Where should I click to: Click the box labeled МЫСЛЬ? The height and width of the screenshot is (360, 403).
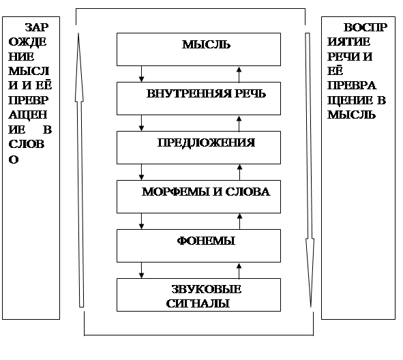tap(198, 49)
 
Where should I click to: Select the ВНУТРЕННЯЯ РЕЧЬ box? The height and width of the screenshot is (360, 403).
tap(198, 98)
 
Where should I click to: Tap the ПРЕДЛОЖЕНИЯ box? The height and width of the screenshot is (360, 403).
tap(198, 147)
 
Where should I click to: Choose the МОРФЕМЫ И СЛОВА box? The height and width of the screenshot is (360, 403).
tap(198, 196)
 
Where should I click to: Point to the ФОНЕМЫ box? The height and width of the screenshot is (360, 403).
tap(198, 245)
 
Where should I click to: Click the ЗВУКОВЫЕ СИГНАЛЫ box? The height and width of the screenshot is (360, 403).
tap(198, 295)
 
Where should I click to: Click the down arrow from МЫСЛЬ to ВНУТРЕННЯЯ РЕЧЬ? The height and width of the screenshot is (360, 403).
tap(141, 74)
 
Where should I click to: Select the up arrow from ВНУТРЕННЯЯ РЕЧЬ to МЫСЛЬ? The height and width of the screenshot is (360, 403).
tap(239, 74)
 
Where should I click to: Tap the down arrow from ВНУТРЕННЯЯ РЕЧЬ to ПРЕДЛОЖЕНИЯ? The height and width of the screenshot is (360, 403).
tap(141, 123)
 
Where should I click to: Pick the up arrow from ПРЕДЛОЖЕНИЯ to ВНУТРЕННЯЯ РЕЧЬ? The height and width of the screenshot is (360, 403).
tap(239, 123)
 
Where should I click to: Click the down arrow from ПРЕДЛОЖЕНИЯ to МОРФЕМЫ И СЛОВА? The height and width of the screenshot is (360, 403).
tap(141, 172)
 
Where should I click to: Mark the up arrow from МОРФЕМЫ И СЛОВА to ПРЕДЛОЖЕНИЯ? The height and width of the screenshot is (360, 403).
tap(239, 172)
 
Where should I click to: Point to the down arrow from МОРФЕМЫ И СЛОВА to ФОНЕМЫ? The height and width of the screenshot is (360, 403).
tap(141, 221)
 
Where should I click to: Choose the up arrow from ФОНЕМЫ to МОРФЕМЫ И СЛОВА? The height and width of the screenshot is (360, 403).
tap(239, 222)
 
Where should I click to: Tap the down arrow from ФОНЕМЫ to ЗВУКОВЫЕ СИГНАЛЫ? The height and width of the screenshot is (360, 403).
tap(141, 270)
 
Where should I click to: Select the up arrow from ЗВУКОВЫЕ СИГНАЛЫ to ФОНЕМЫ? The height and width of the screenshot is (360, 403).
tap(239, 271)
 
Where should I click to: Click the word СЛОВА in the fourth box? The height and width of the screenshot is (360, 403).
tap(248, 192)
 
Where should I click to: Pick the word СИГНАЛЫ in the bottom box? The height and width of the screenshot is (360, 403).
tap(198, 303)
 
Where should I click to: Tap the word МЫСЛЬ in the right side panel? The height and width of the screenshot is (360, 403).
tap(351, 115)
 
